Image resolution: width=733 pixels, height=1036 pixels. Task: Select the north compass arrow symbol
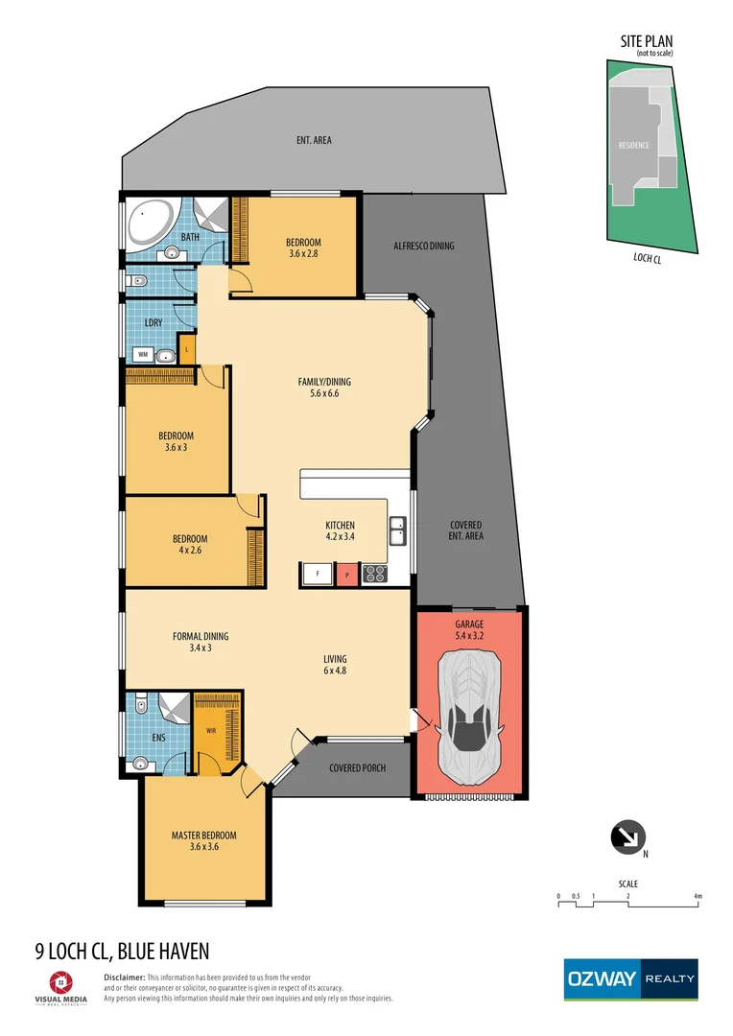(627, 837)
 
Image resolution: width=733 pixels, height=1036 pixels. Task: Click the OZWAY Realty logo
(630, 979)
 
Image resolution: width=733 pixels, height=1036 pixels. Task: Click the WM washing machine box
(142, 354)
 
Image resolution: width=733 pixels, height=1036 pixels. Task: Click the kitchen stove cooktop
(373, 575)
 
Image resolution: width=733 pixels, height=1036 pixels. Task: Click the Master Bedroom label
(203, 840)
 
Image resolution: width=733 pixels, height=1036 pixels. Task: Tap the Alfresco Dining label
(423, 247)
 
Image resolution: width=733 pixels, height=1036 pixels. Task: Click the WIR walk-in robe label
(211, 730)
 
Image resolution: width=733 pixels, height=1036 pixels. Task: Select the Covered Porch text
(358, 768)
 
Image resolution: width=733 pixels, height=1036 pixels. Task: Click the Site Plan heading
(645, 41)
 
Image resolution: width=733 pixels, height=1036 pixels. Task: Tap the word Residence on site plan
(633, 146)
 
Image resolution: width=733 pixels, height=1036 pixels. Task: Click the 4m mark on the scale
(698, 896)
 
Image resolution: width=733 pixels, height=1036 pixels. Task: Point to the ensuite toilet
(140, 706)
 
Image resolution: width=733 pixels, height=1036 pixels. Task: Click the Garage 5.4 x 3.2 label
(470, 629)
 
